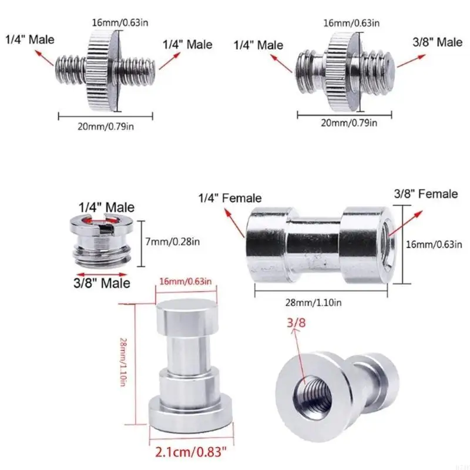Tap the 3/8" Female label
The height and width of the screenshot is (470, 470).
(426, 194)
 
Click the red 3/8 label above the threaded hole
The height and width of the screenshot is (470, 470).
(296, 322)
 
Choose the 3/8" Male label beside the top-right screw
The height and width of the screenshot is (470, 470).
(436, 42)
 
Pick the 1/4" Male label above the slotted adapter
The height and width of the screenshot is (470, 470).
(107, 207)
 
